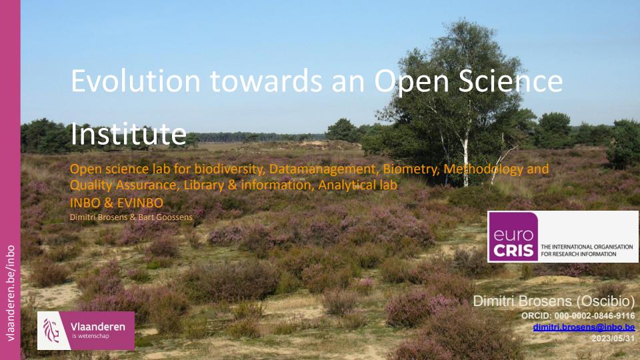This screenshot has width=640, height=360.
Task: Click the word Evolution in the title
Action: point(135,81)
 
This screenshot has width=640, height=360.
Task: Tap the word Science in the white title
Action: point(511,81)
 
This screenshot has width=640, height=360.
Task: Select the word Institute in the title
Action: point(129,133)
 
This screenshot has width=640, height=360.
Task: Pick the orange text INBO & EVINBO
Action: point(116,203)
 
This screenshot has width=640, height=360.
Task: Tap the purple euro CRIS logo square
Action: point(513,237)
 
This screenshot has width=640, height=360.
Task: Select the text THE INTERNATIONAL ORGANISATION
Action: point(587,247)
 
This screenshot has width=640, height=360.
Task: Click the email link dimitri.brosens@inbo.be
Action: point(584,327)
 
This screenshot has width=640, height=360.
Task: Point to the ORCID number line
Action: point(578,315)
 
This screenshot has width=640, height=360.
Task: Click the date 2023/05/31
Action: point(613,339)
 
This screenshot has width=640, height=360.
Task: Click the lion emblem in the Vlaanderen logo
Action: point(51,330)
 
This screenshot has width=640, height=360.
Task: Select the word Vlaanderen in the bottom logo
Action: point(98,327)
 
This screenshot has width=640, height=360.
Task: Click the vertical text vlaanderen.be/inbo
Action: point(10,293)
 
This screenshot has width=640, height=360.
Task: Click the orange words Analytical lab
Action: point(357,185)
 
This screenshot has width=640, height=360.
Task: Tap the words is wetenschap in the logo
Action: point(91,336)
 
